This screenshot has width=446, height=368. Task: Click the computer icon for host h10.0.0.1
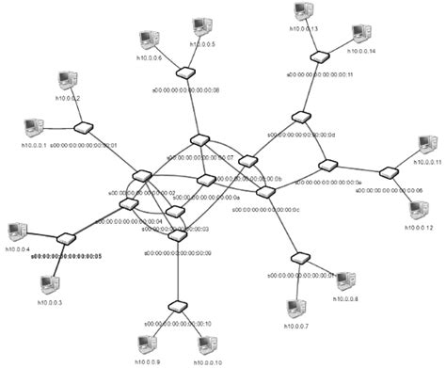pyautogui.click(x=32, y=127)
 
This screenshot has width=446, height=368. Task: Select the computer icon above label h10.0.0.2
pyautogui.click(x=65, y=80)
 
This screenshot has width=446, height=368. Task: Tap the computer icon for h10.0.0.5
pyautogui.click(x=200, y=28)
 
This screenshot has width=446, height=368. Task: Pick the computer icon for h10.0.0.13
pyautogui.click(x=302, y=11)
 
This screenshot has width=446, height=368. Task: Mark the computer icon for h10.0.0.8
pyautogui.click(x=345, y=280)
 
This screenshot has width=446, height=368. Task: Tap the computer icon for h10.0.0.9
pyautogui.click(x=148, y=344)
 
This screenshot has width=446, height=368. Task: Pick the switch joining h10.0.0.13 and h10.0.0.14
pyautogui.click(x=322, y=58)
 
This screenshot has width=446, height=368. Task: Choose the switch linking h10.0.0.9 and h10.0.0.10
pyautogui.click(x=176, y=307)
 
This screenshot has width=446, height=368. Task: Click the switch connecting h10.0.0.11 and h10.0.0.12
pyautogui.click(x=387, y=173)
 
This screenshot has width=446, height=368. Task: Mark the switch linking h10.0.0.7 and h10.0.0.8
pyautogui.click(x=301, y=258)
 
